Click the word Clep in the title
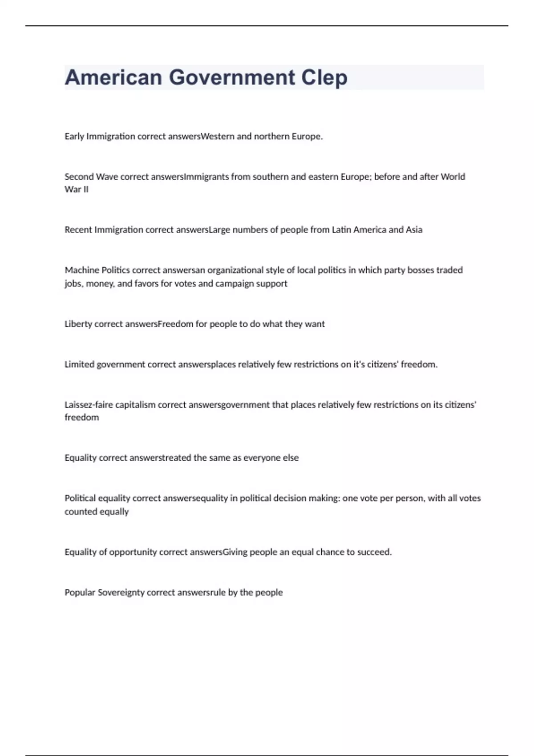tap(324, 78)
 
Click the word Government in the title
tap(232, 78)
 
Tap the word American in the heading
tap(113, 78)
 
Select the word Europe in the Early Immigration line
tap(307, 137)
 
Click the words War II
tap(77, 189)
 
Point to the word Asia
tap(414, 230)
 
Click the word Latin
tap(341, 230)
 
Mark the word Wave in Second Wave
tap(107, 177)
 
